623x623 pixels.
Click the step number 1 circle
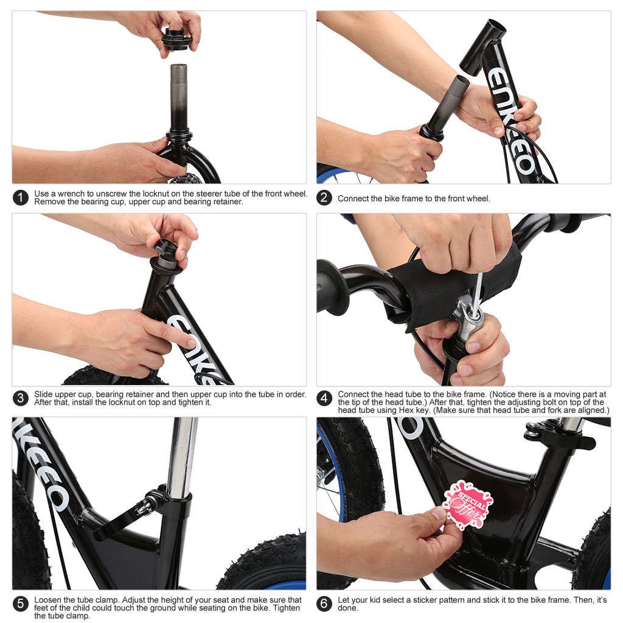[x=21, y=198]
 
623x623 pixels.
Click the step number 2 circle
[x=325, y=198]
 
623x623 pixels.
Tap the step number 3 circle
[x=21, y=399]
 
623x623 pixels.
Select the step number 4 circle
[x=325, y=399]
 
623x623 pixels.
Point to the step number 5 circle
[x=21, y=604]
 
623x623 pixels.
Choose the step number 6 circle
[x=325, y=604]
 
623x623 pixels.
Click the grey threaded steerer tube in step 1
[x=178, y=91]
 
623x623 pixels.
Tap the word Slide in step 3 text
[x=44, y=394]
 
